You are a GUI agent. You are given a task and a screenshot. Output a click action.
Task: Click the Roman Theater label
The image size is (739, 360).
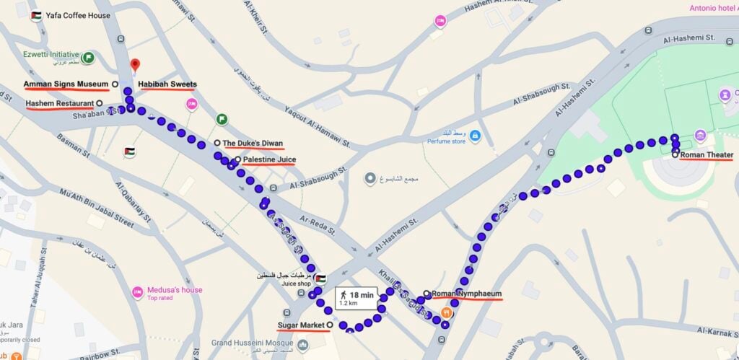707,155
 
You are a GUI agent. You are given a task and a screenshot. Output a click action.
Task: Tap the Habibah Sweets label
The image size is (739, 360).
167,84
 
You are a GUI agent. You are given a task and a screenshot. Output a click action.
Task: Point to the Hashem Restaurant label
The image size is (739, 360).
60,103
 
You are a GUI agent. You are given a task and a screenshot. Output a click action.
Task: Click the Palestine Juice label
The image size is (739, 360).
269,159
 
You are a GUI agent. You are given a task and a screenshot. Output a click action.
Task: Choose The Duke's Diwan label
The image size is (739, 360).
253,143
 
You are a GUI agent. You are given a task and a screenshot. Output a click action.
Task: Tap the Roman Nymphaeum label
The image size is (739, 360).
467,294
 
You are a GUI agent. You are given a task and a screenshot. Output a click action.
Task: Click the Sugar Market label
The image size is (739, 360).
302,325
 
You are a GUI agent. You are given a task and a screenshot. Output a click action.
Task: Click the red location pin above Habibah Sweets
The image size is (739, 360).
134,66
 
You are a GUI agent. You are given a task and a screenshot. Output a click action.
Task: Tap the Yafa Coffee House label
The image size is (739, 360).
79,15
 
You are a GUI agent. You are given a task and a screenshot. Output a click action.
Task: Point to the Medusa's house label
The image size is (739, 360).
175,290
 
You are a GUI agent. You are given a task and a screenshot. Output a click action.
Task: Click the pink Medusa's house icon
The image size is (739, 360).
137,292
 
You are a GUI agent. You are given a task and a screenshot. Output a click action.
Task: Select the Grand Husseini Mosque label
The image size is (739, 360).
255,344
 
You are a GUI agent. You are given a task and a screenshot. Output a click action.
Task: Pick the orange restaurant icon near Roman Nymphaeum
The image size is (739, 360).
447,312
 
